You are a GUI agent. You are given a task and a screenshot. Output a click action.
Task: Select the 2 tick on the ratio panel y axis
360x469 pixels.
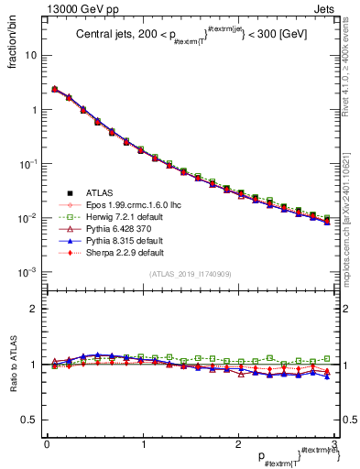click(x=34, y=310)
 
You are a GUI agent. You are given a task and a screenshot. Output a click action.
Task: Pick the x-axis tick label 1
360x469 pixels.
click(x=142, y=443)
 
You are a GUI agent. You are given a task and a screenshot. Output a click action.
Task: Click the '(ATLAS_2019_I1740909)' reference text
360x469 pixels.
click(x=190, y=274)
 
